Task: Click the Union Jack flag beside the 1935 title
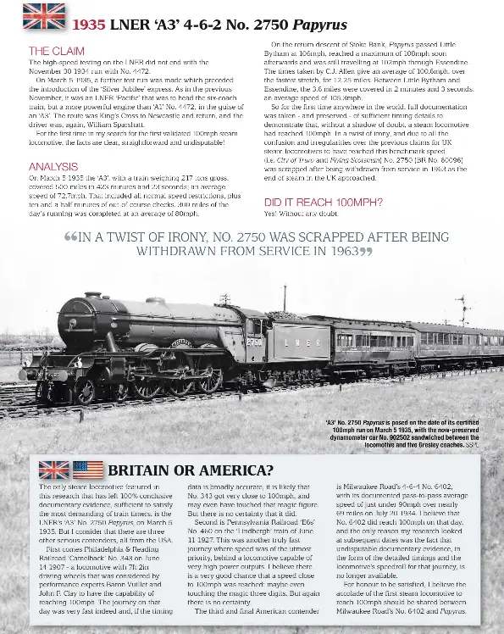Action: click(x=44, y=17)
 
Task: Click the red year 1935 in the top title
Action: click(x=88, y=24)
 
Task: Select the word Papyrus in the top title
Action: click(x=320, y=24)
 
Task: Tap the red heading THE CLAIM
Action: click(x=56, y=52)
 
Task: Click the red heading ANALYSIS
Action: click(x=53, y=167)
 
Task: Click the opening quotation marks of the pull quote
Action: click(x=70, y=237)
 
